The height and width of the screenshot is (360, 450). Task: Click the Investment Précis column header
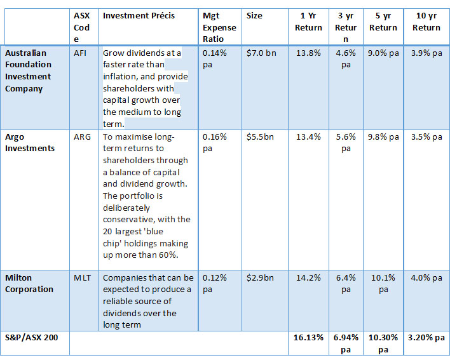click(139, 15)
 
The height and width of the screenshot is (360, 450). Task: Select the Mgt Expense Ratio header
click(219, 27)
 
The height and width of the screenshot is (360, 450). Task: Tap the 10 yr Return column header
click(426, 22)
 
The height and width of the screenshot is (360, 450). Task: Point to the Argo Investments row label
click(30, 142)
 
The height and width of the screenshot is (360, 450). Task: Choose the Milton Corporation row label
click(29, 283)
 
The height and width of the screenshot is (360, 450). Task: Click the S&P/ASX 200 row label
click(31, 337)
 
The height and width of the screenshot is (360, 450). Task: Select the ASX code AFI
click(79, 54)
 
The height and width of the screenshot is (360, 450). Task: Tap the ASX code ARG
click(81, 137)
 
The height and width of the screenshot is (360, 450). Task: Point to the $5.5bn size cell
click(260, 137)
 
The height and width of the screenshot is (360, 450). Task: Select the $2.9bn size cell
click(260, 278)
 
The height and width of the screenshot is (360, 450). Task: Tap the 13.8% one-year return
click(308, 54)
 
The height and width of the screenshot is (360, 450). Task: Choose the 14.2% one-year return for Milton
click(308, 278)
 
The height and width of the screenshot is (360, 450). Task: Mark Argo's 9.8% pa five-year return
click(383, 137)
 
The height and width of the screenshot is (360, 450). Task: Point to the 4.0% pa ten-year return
click(426, 278)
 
